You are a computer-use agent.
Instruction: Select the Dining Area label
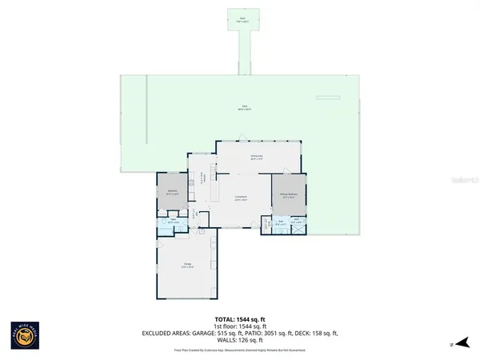256,158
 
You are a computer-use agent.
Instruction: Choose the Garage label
186,265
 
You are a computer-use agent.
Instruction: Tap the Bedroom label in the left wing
172,191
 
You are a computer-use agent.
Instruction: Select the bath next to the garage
173,222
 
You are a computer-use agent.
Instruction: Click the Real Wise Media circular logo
26,335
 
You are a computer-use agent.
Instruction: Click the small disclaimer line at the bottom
240,350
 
